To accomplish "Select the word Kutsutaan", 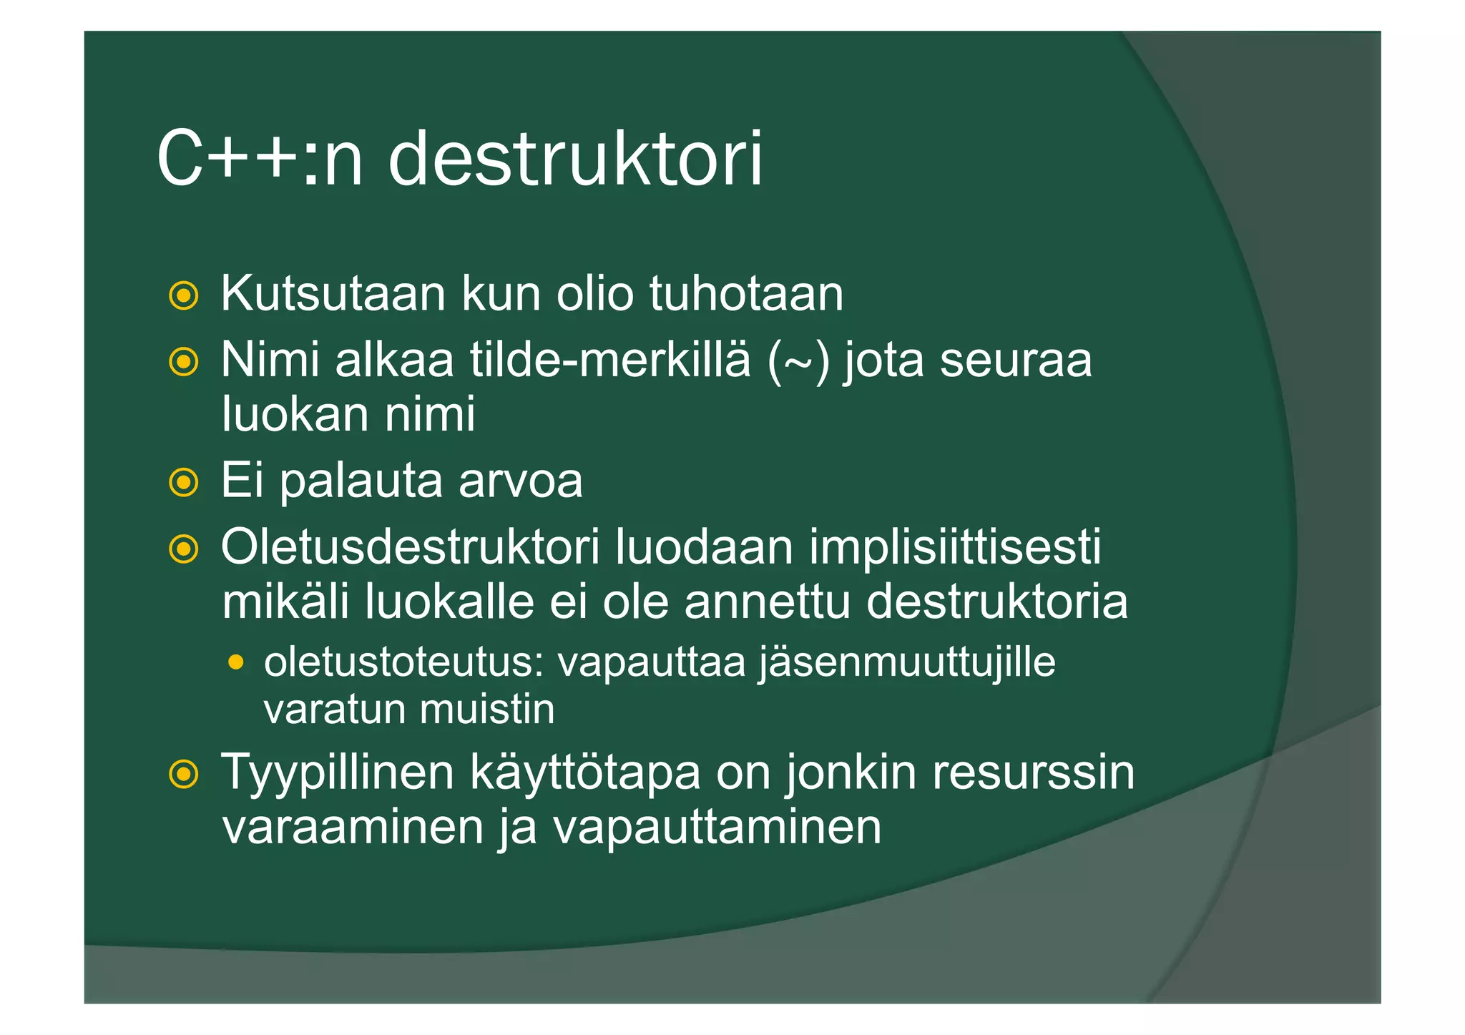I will (333, 293).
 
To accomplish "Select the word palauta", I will (361, 481).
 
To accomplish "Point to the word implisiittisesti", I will (955, 548).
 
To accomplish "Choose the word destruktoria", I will (997, 602).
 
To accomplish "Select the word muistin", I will (487, 710).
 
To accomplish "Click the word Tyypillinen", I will (338, 772).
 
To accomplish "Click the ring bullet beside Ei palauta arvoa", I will (184, 483).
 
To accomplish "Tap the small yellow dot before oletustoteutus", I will (235, 662).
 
